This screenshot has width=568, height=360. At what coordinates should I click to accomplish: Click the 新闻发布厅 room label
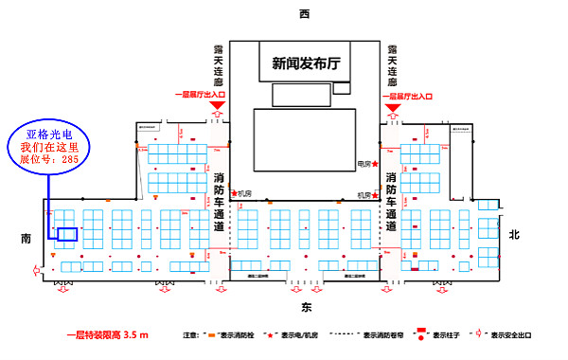306,63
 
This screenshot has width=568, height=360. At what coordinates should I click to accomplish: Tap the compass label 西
304,14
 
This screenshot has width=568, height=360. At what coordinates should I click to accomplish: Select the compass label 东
306,308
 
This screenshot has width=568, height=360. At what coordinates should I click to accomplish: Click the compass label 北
514,234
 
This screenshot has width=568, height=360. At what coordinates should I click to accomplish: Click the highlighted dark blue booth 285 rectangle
67,234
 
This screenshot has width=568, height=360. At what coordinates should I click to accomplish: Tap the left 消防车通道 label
219,204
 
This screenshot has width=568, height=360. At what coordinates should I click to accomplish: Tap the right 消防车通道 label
392,204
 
